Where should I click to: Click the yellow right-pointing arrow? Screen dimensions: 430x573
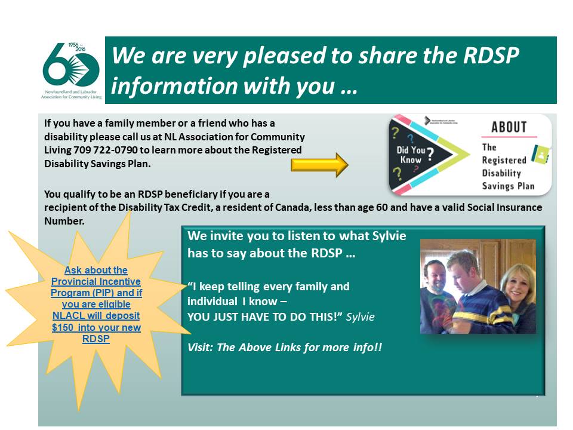[x=319, y=165]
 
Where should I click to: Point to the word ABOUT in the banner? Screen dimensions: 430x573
[x=509, y=127]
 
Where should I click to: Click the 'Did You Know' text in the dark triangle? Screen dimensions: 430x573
[x=411, y=155]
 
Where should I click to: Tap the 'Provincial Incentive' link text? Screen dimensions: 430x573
[x=95, y=281]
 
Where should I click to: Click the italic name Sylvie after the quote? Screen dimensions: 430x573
[x=362, y=317]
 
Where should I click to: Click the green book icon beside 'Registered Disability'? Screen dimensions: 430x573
[x=540, y=154]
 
